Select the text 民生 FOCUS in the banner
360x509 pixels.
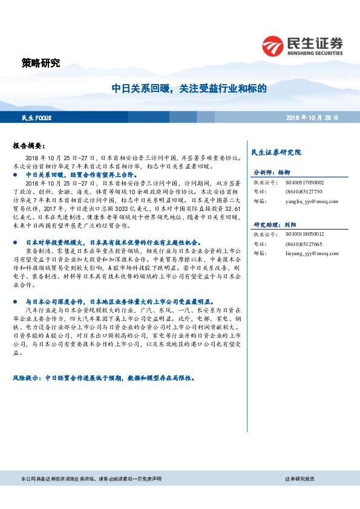38,117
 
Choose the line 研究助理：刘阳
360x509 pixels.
276,223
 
